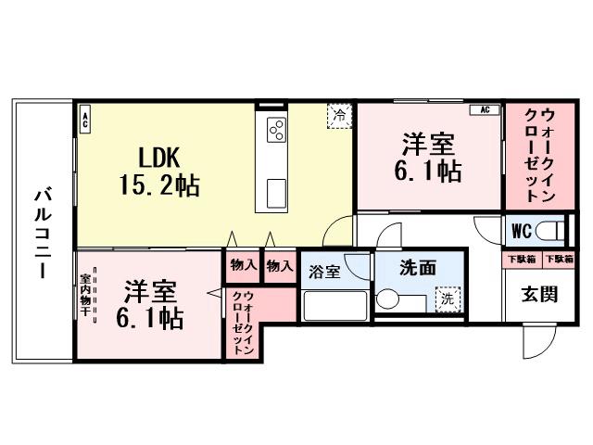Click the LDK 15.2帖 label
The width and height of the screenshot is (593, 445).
[x=158, y=170]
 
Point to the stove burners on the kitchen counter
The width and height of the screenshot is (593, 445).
[x=277, y=131]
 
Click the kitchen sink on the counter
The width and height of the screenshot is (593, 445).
[x=277, y=193]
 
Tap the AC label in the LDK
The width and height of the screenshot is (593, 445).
[x=84, y=119]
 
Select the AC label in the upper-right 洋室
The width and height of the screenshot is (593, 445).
[x=482, y=110]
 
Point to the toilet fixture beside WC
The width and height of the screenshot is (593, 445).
[x=551, y=228]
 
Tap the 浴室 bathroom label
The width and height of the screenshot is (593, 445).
[x=324, y=272]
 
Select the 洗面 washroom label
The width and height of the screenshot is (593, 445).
[x=417, y=268]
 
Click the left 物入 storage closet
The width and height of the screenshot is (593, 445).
[x=243, y=265]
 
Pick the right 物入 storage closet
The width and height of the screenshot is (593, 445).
[x=279, y=265]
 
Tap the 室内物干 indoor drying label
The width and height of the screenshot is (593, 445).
[x=85, y=295]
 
